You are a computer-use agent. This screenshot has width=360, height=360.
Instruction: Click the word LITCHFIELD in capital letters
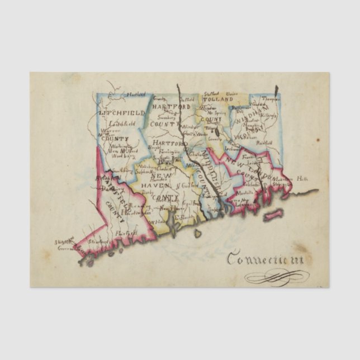coord(121,112)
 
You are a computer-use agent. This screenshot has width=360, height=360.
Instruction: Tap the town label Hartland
coord(135,94)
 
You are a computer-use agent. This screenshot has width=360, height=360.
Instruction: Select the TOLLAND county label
coord(217,100)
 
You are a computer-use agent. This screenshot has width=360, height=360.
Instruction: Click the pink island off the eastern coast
coord(273,214)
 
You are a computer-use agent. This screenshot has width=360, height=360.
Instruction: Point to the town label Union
coord(233,94)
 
